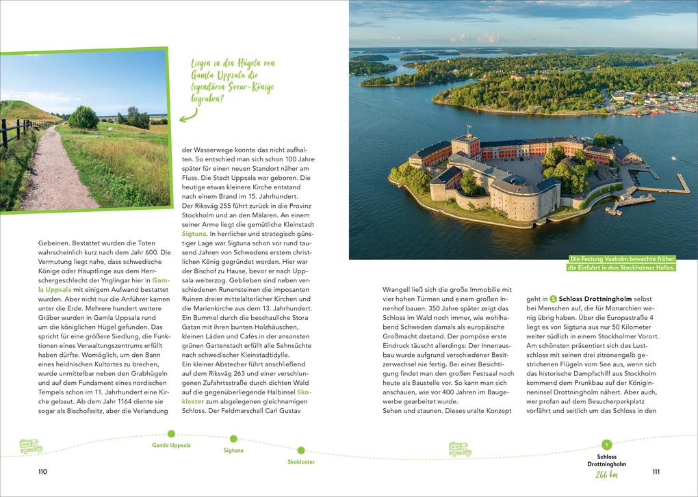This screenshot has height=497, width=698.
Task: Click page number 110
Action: point(42,472)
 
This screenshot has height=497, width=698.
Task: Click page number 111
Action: point(656,472)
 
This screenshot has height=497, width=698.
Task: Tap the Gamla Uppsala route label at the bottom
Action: point(171,445)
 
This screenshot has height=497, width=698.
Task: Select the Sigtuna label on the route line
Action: point(233,451)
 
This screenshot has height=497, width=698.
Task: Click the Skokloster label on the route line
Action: point(301,462)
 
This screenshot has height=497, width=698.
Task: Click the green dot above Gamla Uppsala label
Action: point(171,433)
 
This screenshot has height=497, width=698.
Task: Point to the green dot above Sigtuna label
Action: point(233,438)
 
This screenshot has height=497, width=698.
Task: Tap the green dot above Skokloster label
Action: point(301,450)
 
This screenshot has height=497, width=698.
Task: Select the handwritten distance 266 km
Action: point(606,475)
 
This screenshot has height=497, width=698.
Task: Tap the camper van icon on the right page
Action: point(460,449)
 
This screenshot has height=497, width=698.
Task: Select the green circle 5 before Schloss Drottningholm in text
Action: point(553,299)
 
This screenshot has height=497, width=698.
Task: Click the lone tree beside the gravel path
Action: point(83,117)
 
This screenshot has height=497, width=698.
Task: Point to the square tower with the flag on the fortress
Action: point(466,146)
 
